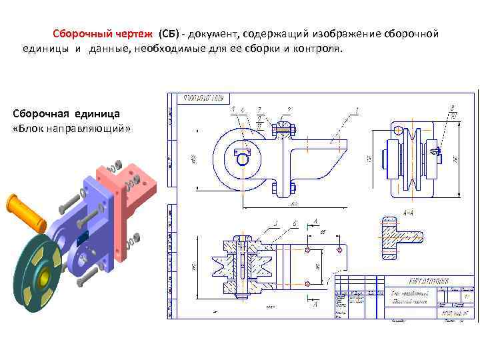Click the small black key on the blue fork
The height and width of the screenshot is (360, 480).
84,239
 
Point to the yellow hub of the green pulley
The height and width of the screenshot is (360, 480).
45,275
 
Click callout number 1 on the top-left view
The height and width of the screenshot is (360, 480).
357,110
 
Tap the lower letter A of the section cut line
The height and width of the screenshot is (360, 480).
315,304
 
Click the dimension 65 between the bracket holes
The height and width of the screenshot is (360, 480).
323,232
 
